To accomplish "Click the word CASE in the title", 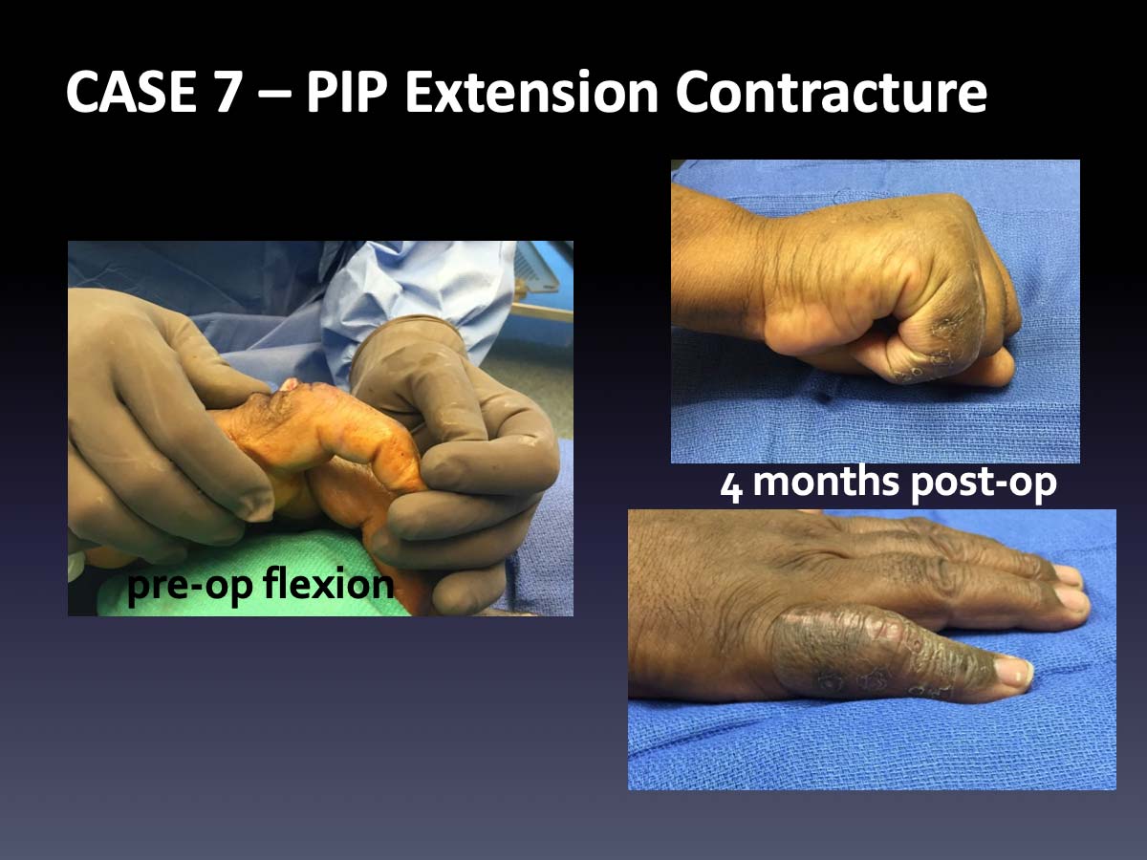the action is tap(131, 93).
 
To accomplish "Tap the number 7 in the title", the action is tap(227, 93).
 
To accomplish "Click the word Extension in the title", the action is tap(531, 93).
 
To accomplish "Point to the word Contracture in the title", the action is tap(831, 93).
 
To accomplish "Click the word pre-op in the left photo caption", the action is tap(191, 586).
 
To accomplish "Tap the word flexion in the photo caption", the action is tap(328, 583).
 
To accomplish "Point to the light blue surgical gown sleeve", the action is tap(413, 308).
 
